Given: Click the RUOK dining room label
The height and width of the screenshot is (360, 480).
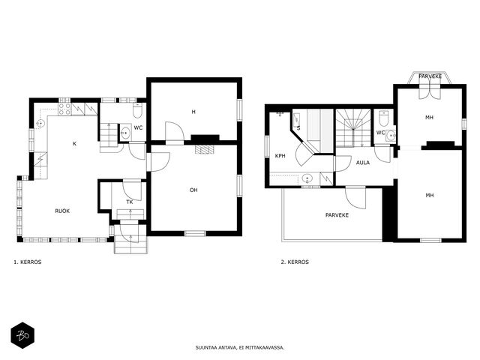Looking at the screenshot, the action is click(62, 211).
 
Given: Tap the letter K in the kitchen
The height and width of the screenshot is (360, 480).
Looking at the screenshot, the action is click(74, 143).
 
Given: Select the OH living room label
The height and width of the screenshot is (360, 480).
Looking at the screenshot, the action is click(193, 190).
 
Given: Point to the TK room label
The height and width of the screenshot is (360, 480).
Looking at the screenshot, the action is click(130, 202).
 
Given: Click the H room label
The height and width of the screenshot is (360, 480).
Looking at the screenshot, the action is click(193, 112).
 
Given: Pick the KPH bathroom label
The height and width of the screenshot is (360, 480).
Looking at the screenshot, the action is click(280, 156).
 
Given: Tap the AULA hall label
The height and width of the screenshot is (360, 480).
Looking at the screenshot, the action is click(363, 163).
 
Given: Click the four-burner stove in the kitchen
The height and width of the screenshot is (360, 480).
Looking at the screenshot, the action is click(64, 109).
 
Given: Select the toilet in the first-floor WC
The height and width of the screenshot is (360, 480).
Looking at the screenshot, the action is click(137, 110).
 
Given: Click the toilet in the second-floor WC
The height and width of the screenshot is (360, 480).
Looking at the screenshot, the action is click(383, 118).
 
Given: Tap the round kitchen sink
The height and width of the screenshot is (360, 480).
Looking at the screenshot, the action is click(40, 123).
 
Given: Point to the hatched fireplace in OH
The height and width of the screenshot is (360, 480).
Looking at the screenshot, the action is click(205, 149).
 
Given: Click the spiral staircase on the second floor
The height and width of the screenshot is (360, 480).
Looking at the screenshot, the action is click(353, 128).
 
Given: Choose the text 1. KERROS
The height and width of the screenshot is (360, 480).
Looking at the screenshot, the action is click(28, 262).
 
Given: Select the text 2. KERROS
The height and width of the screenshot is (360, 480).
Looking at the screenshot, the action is click(295, 262).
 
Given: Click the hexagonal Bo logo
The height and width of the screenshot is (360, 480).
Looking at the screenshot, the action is click(22, 335).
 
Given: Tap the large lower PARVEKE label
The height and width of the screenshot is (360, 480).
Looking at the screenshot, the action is click(337, 215).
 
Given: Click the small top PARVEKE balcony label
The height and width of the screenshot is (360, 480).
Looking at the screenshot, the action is click(430, 76).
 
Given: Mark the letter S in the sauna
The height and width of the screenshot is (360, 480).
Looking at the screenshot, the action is click(298, 128).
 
